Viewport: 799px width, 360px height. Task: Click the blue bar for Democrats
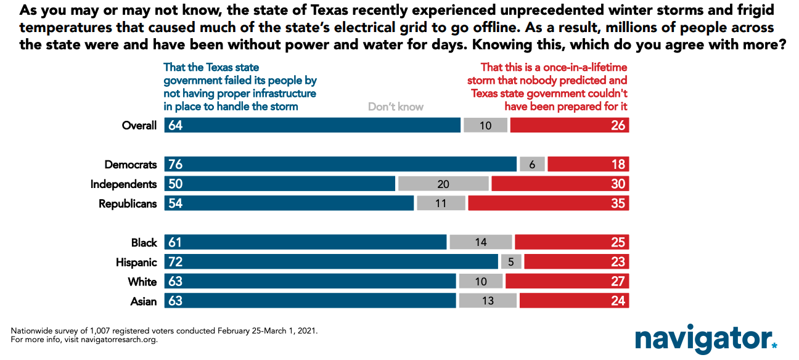click(x=340, y=164)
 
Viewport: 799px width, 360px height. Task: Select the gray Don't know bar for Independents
click(x=443, y=184)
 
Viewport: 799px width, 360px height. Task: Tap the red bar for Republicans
click(x=549, y=203)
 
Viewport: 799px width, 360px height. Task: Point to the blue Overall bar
click(x=313, y=125)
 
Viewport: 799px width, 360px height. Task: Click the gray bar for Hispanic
click(x=511, y=261)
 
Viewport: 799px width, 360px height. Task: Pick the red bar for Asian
click(x=575, y=300)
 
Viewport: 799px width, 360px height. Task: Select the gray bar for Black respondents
click(x=481, y=242)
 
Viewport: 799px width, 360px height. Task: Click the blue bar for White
click(x=310, y=281)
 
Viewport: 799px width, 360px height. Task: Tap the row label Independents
click(x=123, y=184)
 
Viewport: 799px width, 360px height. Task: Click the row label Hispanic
click(x=136, y=263)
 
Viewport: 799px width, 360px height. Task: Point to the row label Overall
click(x=139, y=126)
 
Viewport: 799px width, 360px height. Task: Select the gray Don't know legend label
click(x=396, y=107)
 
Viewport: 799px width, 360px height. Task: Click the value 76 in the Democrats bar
click(x=176, y=165)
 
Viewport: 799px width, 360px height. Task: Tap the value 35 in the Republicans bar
click(x=618, y=203)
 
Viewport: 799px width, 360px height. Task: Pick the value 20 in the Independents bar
click(x=443, y=184)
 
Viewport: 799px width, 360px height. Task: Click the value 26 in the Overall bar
click(x=618, y=126)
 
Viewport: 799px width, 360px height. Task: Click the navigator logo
click(x=706, y=339)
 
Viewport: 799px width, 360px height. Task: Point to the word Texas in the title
click(x=329, y=10)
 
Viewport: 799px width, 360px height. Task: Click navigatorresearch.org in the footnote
click(x=118, y=340)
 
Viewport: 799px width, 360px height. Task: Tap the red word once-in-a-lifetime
click(x=585, y=67)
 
